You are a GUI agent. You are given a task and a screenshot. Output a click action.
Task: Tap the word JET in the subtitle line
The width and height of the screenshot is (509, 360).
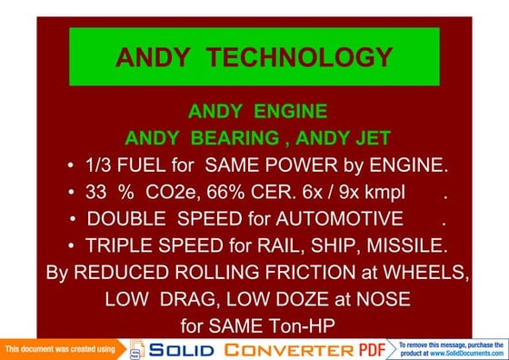tap(371, 139)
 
